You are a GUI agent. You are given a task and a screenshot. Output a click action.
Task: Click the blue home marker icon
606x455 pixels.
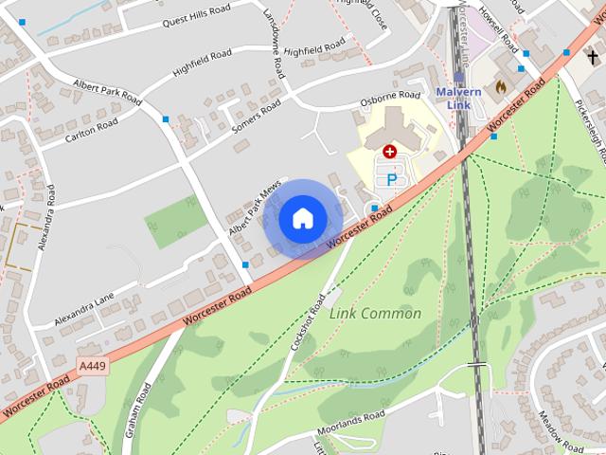(302, 218)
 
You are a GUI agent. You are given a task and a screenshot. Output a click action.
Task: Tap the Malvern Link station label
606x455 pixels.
(459, 97)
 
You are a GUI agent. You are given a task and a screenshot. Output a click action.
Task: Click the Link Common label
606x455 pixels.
(375, 314)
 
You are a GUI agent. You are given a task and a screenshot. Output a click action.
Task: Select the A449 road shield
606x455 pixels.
(93, 365)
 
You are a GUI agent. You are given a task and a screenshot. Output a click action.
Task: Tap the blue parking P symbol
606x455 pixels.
(390, 179)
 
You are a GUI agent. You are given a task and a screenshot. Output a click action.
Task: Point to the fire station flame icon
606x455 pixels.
(500, 87)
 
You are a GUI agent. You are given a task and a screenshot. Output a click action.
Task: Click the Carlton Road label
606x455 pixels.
(92, 131)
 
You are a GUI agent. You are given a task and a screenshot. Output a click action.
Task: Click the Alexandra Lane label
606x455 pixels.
(89, 310)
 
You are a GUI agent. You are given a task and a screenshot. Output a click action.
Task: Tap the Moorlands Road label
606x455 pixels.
(351, 418)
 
